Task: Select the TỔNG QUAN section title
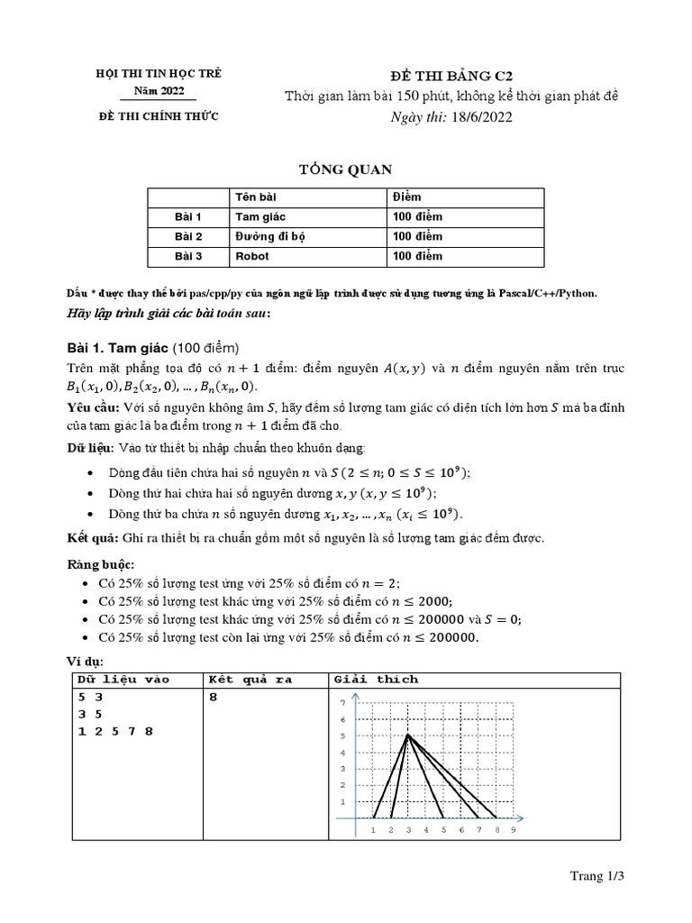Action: click(x=345, y=169)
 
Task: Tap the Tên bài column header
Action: click(x=257, y=196)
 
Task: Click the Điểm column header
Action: click(x=406, y=196)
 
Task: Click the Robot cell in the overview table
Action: click(x=252, y=256)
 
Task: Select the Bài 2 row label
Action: click(x=189, y=236)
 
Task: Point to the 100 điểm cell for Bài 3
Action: click(x=417, y=256)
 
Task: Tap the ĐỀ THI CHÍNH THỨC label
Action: click(x=158, y=115)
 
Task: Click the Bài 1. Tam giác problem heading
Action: click(x=153, y=349)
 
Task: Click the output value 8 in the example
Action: click(x=213, y=697)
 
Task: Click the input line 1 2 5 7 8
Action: click(x=115, y=731)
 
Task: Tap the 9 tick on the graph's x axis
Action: click(x=513, y=830)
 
